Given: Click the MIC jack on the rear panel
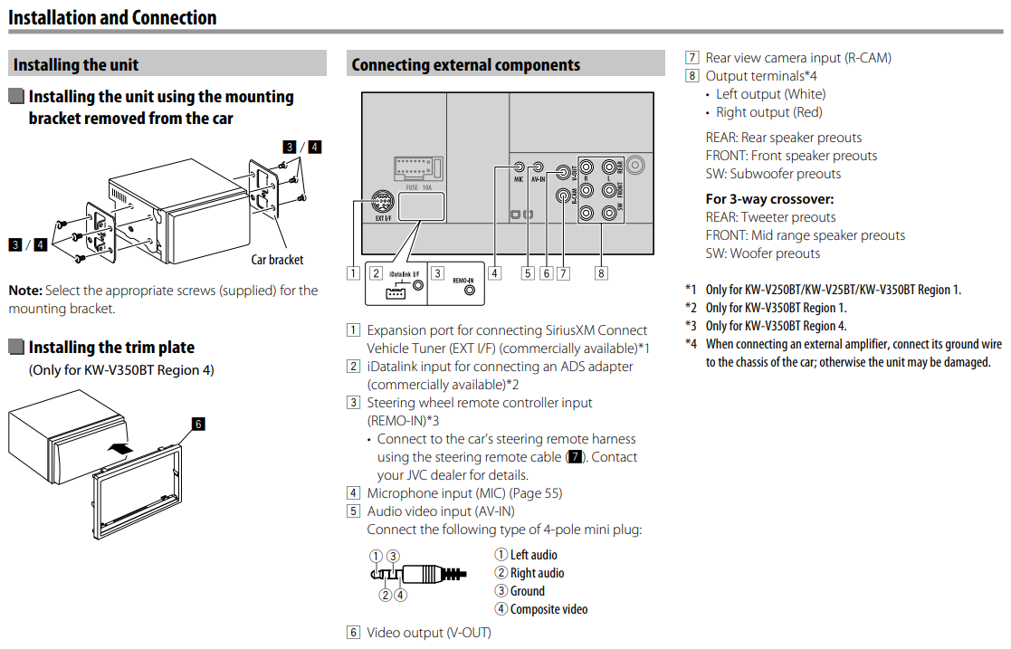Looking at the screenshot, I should (520, 167).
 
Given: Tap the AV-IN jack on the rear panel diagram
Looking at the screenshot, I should (539, 167).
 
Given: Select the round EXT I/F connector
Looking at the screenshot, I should (384, 202).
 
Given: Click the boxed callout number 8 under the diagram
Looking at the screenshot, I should (601, 272).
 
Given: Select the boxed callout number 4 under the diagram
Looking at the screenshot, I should (495, 272).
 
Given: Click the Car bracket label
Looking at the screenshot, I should (277, 260).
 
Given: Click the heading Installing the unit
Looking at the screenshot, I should (76, 64).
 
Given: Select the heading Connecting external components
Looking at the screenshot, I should (465, 64).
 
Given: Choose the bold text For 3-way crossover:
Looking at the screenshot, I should (769, 199).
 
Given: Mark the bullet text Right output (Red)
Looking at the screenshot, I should (768, 112).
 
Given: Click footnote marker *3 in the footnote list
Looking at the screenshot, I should (691, 326).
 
